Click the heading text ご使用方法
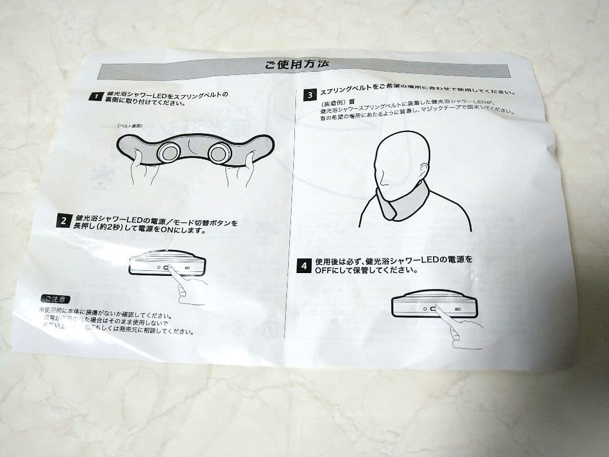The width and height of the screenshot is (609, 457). [297, 65]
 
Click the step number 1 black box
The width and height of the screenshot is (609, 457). [96, 97]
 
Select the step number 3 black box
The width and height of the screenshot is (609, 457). [310, 94]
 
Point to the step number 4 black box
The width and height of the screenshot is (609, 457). [303, 265]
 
